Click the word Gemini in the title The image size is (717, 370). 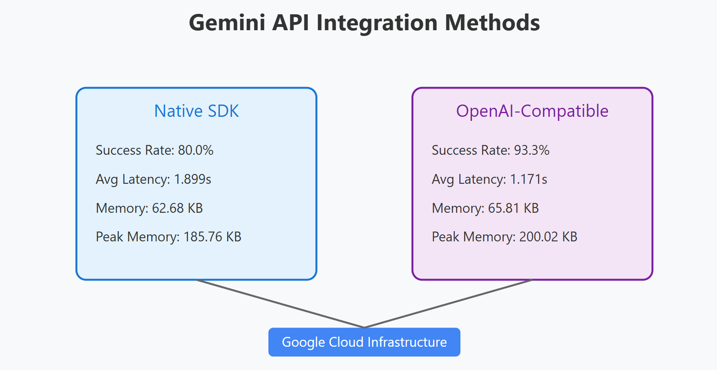pos(227,23)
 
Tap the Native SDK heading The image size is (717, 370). pos(197,111)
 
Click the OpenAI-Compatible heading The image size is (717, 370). pos(532,111)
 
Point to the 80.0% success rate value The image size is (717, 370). pos(196,150)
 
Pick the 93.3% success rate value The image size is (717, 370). pos(532,150)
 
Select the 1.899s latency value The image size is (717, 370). pos(192,179)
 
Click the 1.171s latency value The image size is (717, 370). pos(529,179)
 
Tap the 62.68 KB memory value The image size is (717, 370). pos(177,208)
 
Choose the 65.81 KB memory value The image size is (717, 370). pos(514,208)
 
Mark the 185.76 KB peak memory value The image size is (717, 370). pos(212,237)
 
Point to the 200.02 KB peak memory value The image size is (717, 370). pos(548,237)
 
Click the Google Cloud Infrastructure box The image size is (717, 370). pos(364,342)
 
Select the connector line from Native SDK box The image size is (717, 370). pos(280,303)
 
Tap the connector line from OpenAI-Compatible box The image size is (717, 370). pos(448,303)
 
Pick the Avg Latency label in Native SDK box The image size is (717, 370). pos(133,179)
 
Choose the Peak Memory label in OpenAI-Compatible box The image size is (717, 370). pos(473,237)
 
